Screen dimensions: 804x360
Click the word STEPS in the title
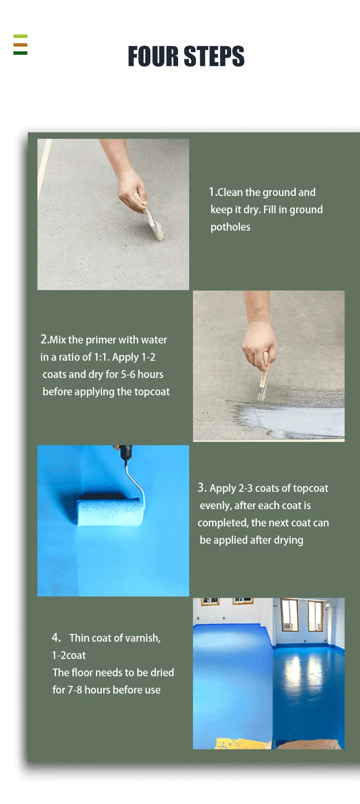[214, 56]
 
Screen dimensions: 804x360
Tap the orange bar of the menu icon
[20, 45]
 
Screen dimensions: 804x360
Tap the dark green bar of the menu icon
[20, 53]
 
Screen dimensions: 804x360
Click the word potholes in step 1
[230, 227]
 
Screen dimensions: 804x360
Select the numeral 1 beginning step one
[211, 192]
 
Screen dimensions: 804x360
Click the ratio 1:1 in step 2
[101, 357]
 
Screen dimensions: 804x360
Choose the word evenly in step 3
[215, 505]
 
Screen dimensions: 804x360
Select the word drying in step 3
[288, 540]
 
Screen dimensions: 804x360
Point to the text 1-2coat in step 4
[69, 655]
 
